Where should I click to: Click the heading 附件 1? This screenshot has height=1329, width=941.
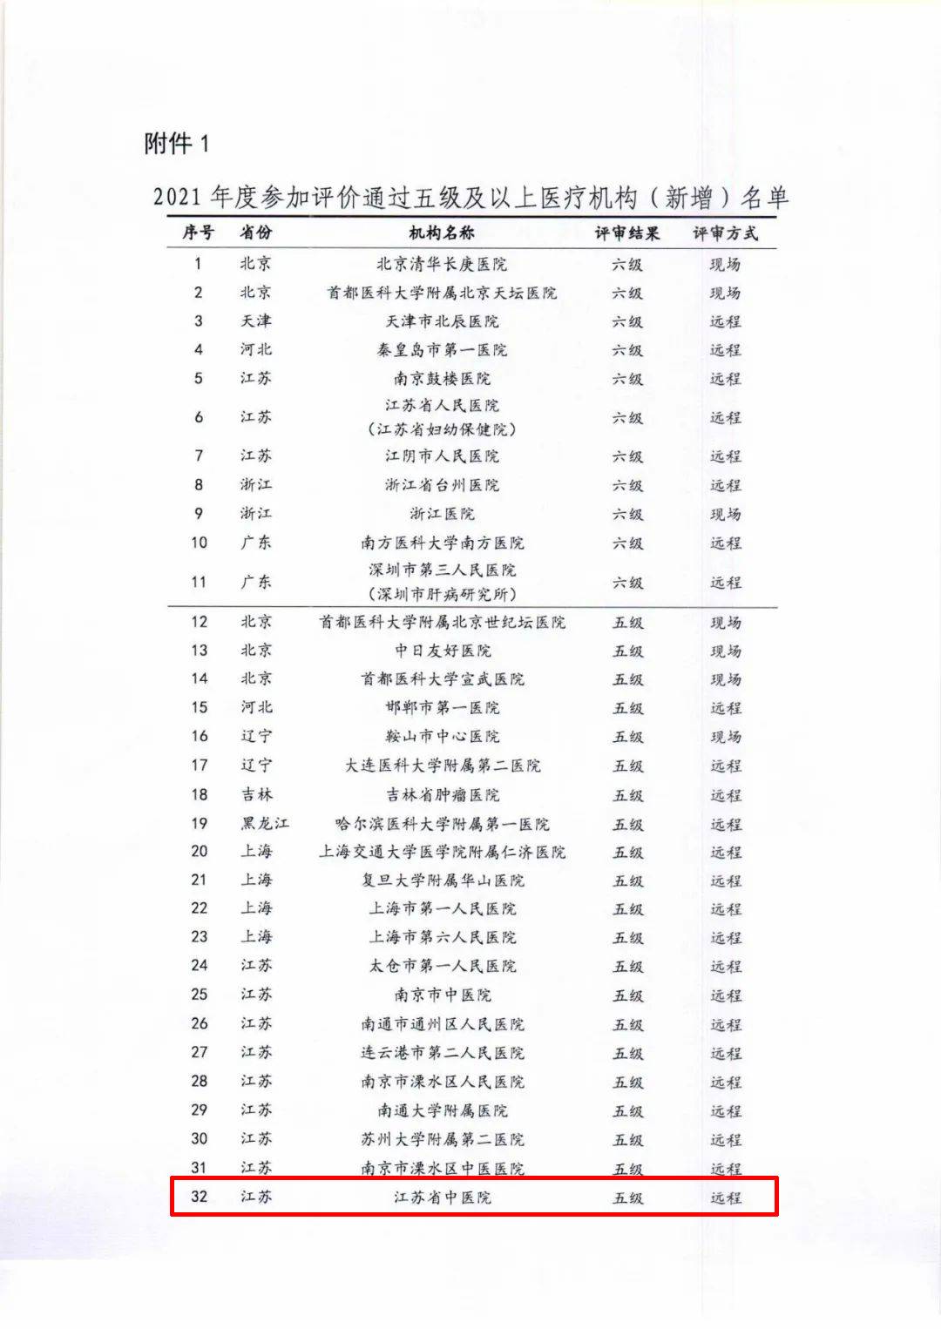coord(177,143)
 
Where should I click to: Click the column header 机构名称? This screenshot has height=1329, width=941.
coord(442,233)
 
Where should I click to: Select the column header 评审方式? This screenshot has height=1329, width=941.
coord(725,233)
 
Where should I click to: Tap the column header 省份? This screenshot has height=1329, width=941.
coord(256,233)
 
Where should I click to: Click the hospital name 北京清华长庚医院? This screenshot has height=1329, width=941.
coord(442,264)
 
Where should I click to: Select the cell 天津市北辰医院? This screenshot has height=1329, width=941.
coord(442,321)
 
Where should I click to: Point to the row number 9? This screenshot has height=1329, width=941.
coord(199,514)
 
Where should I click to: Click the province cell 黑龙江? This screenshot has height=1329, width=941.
coord(265,823)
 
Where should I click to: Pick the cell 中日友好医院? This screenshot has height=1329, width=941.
coord(442,651)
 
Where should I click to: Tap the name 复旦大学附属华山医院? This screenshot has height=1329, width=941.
coord(442,880)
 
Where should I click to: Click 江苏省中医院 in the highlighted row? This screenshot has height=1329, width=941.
coord(442,1197)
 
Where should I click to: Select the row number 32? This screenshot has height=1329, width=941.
coord(199,1197)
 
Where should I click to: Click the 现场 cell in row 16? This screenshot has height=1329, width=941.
coord(725,737)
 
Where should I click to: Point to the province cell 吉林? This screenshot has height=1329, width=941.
coord(256,794)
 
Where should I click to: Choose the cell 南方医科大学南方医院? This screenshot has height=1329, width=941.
coord(442,543)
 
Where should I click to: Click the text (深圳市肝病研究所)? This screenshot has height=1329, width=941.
coord(442,595)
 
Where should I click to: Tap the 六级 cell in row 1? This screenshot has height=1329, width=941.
coord(626,264)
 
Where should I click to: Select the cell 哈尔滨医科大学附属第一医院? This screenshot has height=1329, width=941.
coord(442,823)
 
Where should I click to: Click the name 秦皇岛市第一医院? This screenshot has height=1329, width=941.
coord(442,350)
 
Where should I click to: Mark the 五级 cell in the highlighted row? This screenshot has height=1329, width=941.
coord(627,1197)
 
